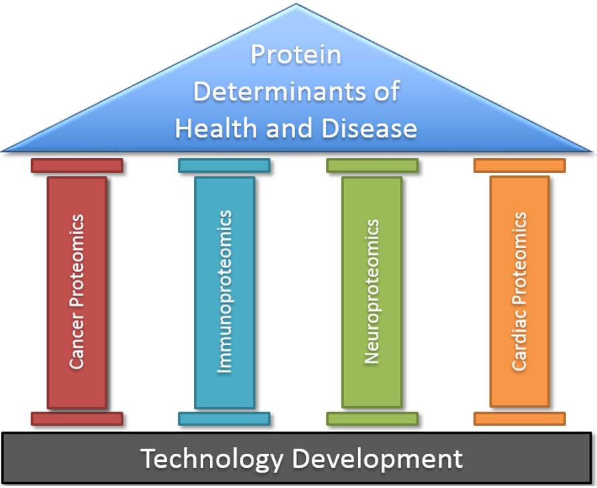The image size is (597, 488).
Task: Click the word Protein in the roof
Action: pyautogui.click(x=296, y=55)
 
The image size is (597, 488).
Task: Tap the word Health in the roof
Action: pyautogui.click(x=216, y=128)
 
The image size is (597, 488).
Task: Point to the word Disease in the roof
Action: pyautogui.click(x=369, y=128)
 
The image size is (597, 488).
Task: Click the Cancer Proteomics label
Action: pyautogui.click(x=76, y=292)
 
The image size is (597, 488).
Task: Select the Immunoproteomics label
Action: pyautogui.click(x=224, y=292)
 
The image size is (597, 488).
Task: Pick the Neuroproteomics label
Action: pyautogui.click(x=372, y=292)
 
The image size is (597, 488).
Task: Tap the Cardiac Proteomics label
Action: pyautogui.click(x=519, y=292)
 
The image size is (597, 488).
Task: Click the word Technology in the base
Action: pyautogui.click(x=212, y=459)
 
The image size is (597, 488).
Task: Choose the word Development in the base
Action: pyautogui.click(x=377, y=459)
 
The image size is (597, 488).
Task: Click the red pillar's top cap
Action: pyautogui.click(x=77, y=166)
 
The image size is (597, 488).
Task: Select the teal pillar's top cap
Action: pyautogui.click(x=224, y=166)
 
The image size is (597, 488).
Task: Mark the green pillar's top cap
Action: pyautogui.click(x=372, y=166)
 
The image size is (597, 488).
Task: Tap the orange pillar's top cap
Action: pyautogui.click(x=520, y=166)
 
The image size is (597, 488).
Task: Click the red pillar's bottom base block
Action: pyautogui.click(x=77, y=419)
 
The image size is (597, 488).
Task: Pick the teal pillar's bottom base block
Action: pyautogui.click(x=224, y=419)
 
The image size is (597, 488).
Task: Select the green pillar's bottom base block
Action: pyautogui.click(x=372, y=419)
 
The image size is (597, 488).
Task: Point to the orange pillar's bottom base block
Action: pyautogui.click(x=520, y=419)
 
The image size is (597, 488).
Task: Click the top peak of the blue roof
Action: pyautogui.click(x=296, y=4)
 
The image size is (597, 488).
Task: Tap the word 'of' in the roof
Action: pyautogui.click(x=387, y=91)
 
